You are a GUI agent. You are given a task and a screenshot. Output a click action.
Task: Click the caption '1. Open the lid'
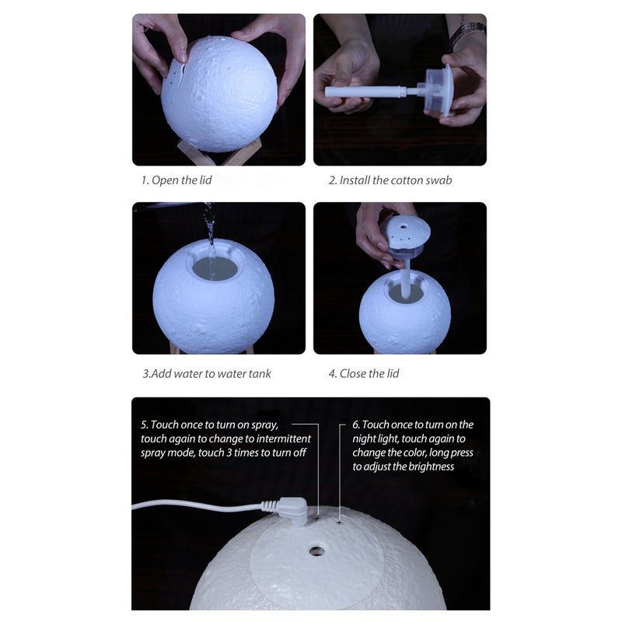[176, 180]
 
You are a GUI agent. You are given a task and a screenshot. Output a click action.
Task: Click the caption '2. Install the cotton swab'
[390, 180]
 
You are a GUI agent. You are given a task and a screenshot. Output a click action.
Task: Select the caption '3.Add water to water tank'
[207, 374]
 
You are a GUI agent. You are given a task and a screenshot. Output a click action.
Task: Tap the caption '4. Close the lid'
[363, 374]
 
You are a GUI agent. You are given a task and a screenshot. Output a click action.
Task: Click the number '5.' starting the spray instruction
[145, 425]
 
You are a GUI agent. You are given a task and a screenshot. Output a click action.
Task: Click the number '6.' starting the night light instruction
[356, 425]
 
